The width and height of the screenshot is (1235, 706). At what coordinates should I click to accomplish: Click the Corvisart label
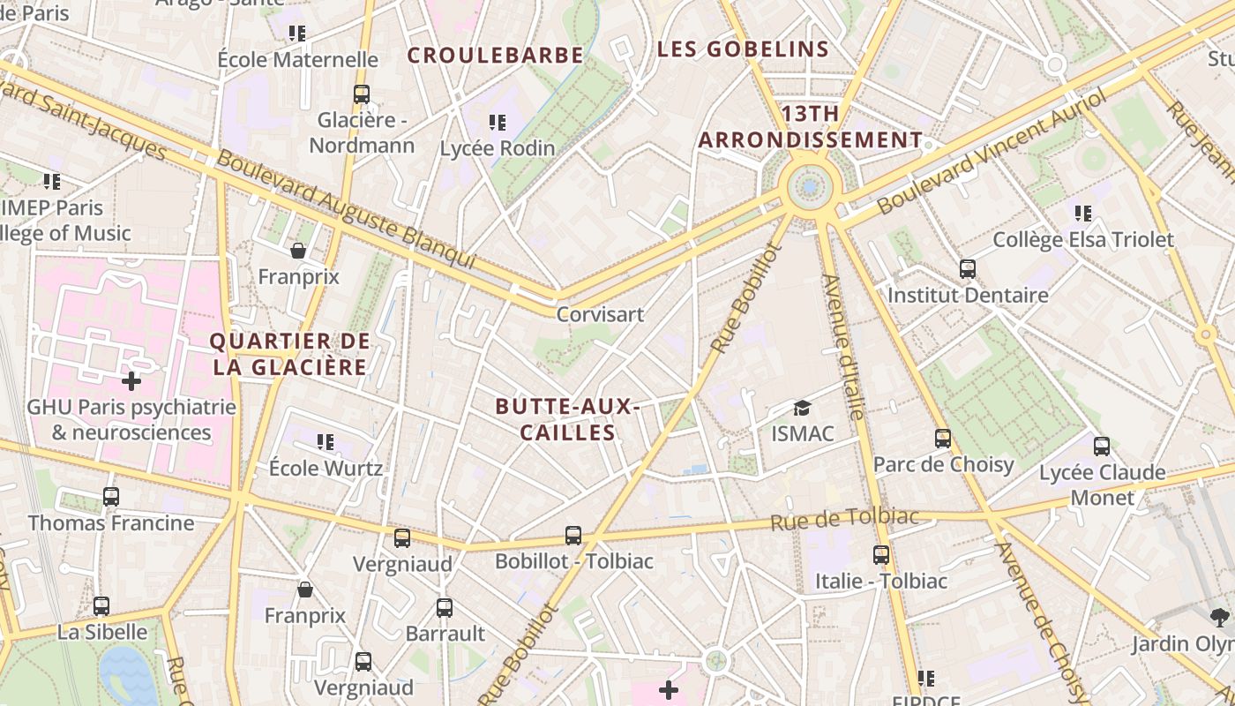pyautogui.click(x=600, y=314)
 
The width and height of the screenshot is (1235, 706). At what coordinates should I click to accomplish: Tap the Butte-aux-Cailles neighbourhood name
pyautogui.click(x=566, y=419)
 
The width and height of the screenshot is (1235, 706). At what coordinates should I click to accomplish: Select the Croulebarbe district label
pyautogui.click(x=495, y=56)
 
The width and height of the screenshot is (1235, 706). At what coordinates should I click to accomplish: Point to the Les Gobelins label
pyautogui.click(x=743, y=49)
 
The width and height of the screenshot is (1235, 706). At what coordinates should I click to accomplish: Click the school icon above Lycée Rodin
pyautogui.click(x=498, y=123)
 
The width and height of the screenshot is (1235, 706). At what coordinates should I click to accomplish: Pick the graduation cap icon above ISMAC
pyautogui.click(x=802, y=409)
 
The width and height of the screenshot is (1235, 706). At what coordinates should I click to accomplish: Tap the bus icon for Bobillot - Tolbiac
pyautogui.click(x=573, y=535)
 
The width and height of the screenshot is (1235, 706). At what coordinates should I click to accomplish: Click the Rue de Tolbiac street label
pyautogui.click(x=845, y=519)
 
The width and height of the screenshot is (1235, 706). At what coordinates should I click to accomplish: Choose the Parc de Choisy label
pyautogui.click(x=943, y=464)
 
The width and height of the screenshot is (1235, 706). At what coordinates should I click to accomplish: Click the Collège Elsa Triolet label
pyautogui.click(x=1083, y=239)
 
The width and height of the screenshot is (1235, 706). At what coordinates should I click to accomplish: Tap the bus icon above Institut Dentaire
pyautogui.click(x=968, y=268)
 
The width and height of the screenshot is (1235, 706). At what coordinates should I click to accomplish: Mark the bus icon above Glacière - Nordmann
pyautogui.click(x=361, y=94)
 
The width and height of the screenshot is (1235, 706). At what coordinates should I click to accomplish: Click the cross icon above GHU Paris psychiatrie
pyautogui.click(x=131, y=381)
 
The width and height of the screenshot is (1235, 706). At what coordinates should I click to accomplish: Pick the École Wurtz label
pyautogui.click(x=326, y=467)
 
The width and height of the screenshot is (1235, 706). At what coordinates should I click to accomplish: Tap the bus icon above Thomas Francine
pyautogui.click(x=110, y=497)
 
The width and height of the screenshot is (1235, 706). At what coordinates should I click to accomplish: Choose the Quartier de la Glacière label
pyautogui.click(x=290, y=353)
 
